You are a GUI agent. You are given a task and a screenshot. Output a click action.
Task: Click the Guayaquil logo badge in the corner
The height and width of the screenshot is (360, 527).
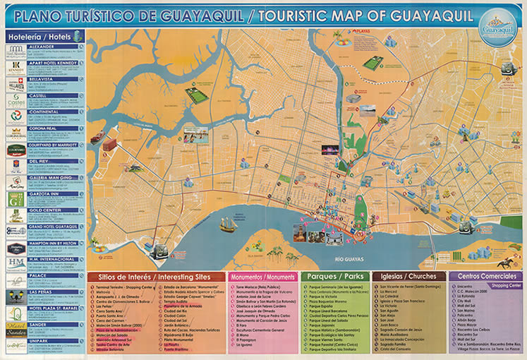[x=497, y=28]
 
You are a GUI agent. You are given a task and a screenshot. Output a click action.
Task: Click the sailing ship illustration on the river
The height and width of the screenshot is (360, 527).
[x=228, y=224]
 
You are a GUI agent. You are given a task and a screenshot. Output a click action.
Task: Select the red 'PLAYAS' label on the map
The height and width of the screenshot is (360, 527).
[x=361, y=32]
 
